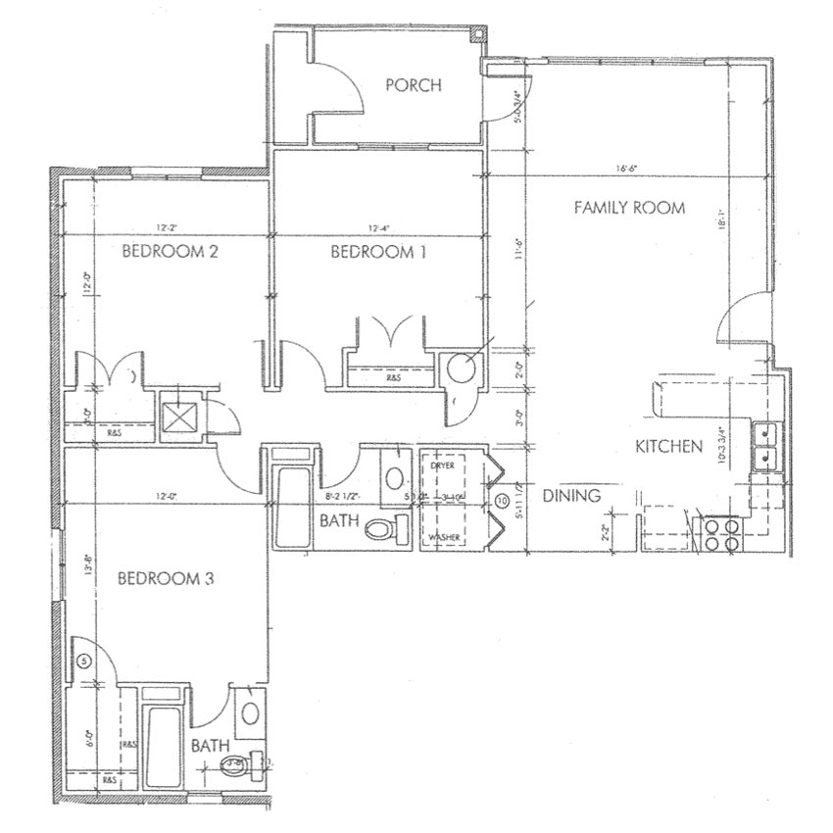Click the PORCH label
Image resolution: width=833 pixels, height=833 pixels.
click(413, 85)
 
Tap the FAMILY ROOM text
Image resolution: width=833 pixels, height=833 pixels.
click(628, 208)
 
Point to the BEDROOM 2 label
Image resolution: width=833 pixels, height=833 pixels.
click(170, 252)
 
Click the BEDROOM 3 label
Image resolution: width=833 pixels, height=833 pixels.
click(165, 578)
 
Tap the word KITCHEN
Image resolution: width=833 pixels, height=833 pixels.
click(669, 447)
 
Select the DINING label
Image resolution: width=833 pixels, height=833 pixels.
click(570, 496)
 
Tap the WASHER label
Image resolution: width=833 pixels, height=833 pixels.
click(444, 538)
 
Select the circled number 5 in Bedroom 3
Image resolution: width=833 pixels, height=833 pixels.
click(83, 661)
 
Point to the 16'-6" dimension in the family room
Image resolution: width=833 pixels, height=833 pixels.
click(627, 169)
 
